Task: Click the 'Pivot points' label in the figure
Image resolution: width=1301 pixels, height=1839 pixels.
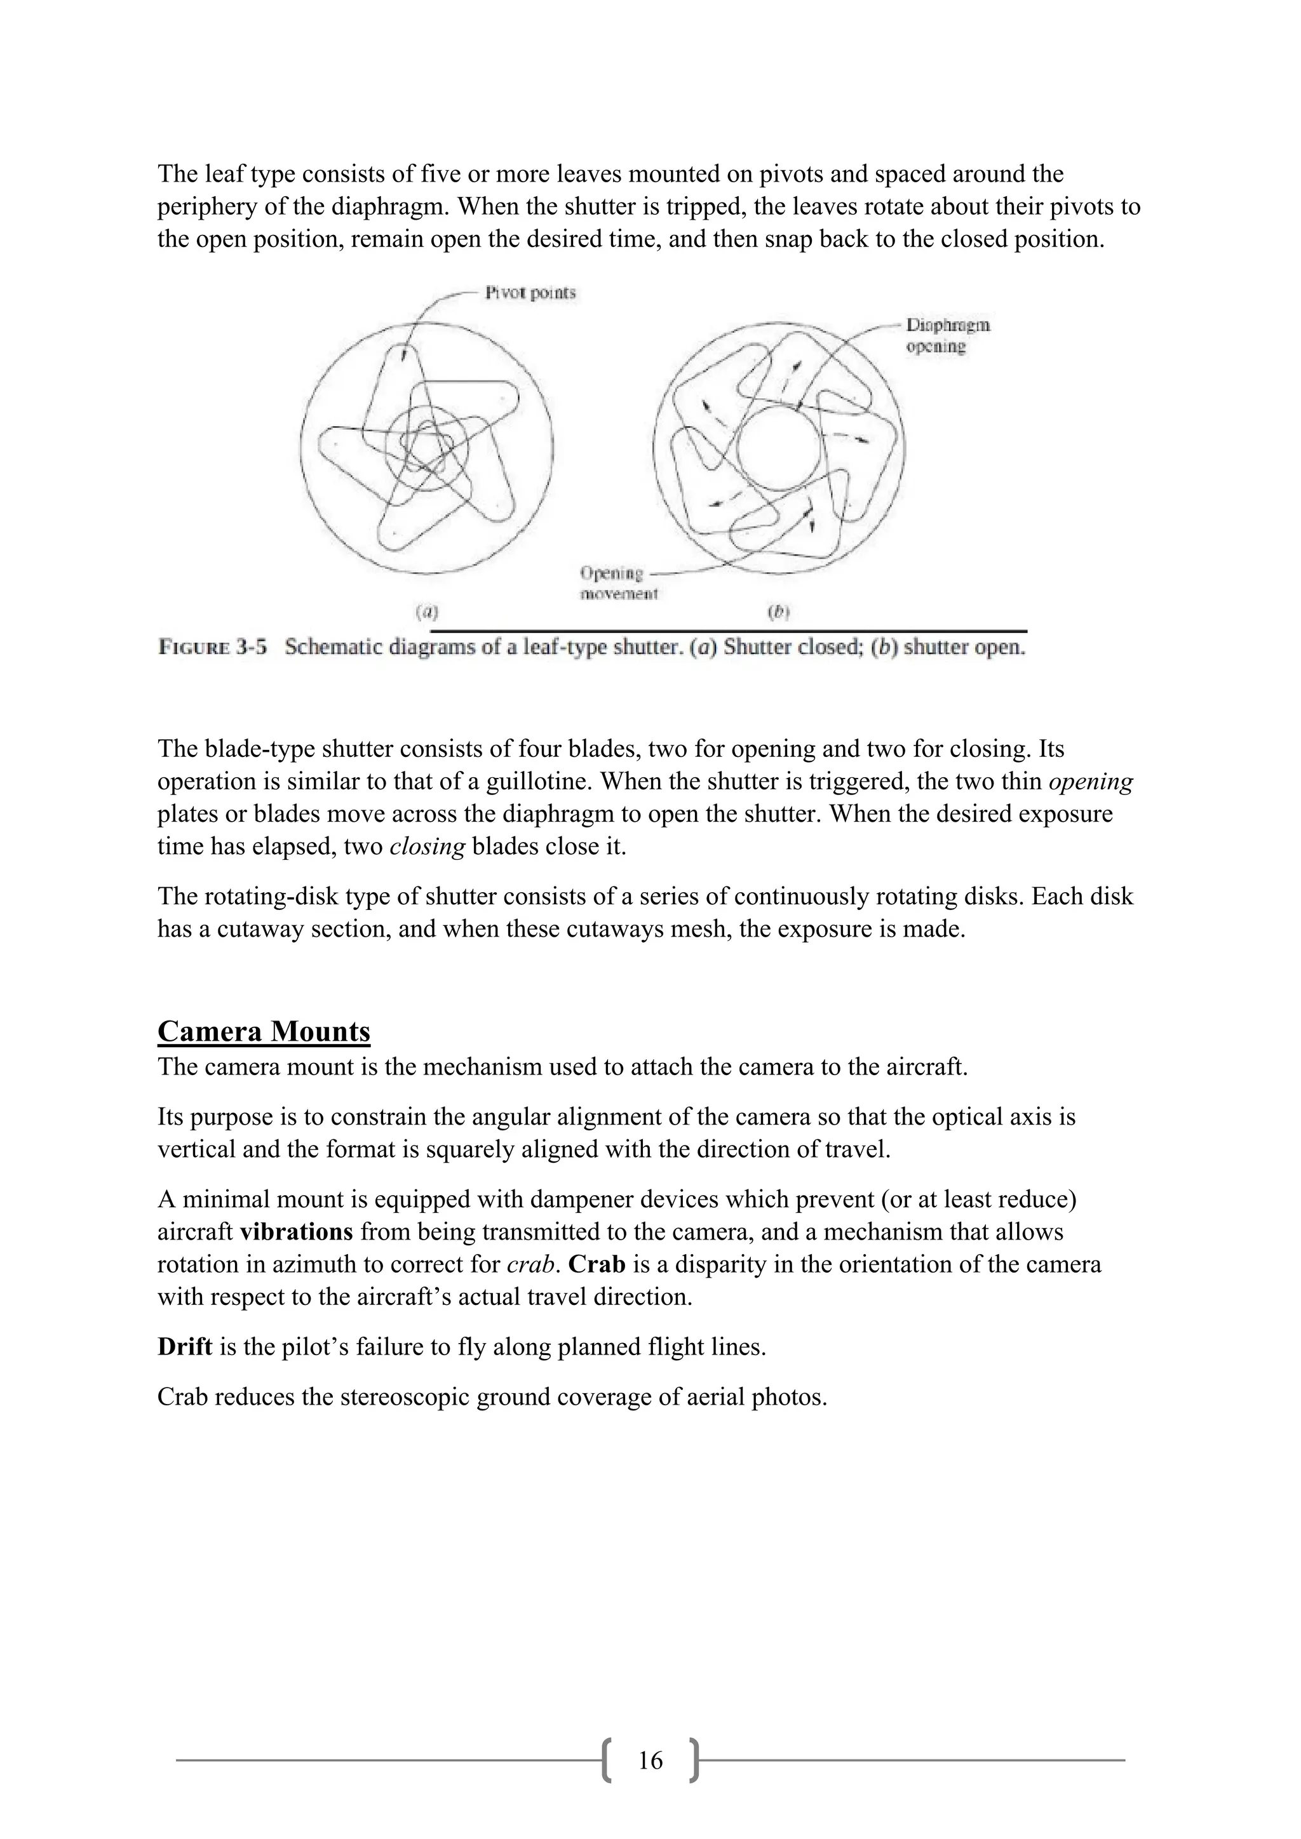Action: pos(530,293)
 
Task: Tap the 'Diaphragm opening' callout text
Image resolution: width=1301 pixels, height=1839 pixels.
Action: pos(947,335)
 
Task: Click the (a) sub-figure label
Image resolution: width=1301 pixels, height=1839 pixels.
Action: pos(426,613)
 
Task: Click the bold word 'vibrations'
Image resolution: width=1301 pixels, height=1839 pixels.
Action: pos(297,1232)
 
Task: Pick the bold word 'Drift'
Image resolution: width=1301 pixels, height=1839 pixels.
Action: pos(184,1346)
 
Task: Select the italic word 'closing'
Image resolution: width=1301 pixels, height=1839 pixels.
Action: pos(427,846)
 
